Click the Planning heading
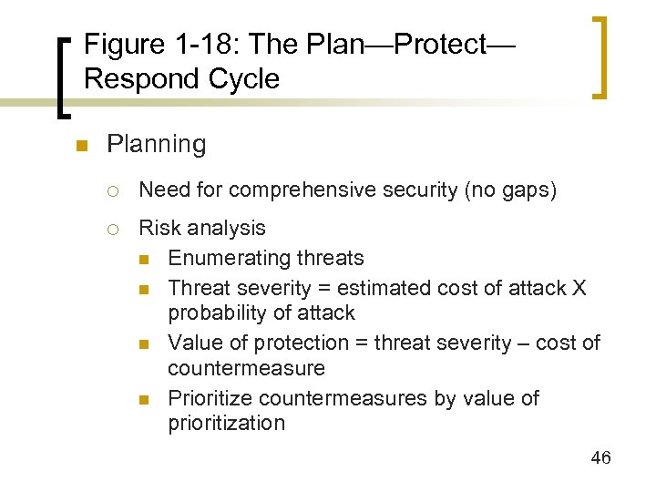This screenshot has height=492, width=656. (156, 144)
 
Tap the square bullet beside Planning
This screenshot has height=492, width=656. (81, 146)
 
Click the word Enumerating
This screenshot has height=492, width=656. (227, 258)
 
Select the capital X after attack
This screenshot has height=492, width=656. (579, 288)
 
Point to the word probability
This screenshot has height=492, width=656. (213, 313)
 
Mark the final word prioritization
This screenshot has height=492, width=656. (226, 423)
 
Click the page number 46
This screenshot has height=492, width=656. (600, 457)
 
